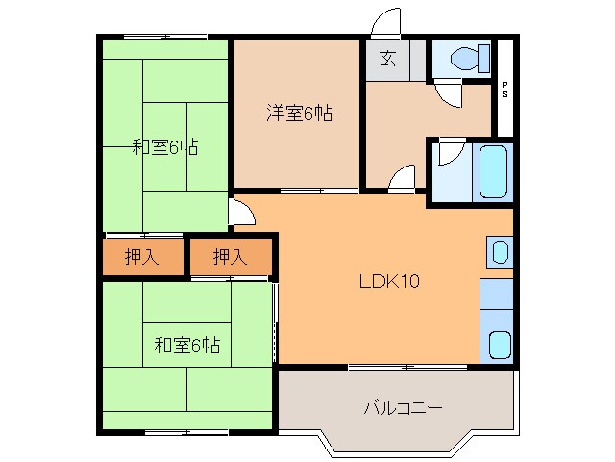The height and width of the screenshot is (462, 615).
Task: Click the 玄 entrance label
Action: (x=386, y=59)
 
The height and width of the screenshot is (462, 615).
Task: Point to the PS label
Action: (x=505, y=94)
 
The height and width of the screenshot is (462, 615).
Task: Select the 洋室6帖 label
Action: (x=299, y=114)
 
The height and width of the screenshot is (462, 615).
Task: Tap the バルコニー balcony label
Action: (x=403, y=408)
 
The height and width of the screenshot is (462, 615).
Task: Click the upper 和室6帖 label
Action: (x=165, y=147)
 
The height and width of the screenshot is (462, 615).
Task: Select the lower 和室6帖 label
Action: (x=187, y=344)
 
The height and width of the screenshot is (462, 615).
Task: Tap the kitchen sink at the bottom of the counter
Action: (x=499, y=344)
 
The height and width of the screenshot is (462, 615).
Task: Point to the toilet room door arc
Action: (x=447, y=94)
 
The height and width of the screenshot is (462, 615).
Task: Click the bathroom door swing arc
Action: (x=449, y=154)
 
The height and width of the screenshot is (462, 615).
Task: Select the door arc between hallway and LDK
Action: (x=404, y=179)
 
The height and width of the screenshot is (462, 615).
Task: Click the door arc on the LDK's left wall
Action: (x=243, y=213)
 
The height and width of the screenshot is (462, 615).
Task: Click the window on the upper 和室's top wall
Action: (x=165, y=37)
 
